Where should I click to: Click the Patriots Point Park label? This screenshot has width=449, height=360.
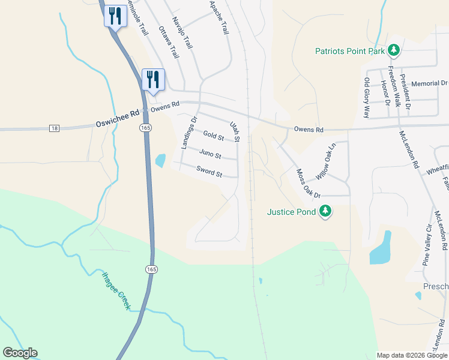(349, 52)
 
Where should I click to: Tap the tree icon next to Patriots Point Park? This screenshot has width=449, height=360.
(394, 50)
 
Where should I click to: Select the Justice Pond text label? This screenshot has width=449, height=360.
(291, 212)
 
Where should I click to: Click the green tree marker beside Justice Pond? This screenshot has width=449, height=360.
(325, 211)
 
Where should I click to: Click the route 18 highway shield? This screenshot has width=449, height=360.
(55, 128)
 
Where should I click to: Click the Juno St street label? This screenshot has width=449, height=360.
(210, 155)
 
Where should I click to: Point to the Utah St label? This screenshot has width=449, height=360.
(234, 131)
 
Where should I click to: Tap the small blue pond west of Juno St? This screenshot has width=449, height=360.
(160, 161)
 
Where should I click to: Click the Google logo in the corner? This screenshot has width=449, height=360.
(20, 353)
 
